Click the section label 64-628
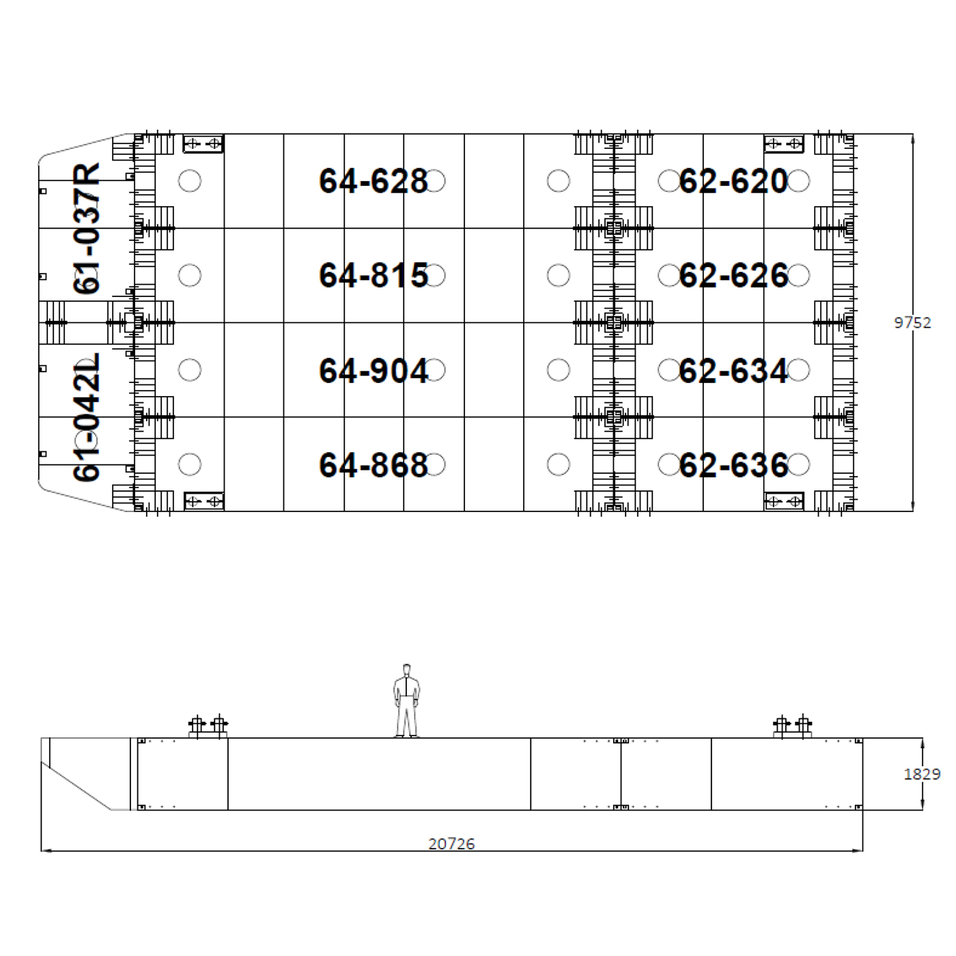373,181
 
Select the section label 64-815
373,275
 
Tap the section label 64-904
373,371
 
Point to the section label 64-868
373,465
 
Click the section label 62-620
733,181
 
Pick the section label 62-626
733,275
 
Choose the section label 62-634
733,371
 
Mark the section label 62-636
733,465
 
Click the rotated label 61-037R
86,228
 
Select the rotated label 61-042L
86,417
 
